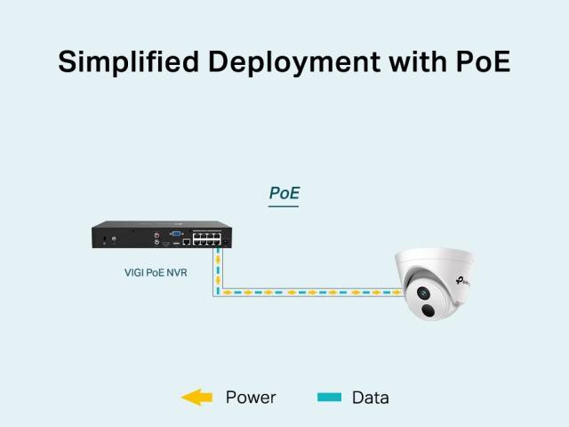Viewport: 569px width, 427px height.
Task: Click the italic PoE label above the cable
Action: (x=284, y=192)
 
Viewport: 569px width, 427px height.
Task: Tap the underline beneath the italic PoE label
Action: (x=284, y=206)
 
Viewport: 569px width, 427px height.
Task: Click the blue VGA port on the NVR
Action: (x=176, y=233)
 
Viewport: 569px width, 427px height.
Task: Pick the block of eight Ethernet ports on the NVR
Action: (x=207, y=238)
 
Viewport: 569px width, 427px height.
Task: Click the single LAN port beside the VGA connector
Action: (x=185, y=242)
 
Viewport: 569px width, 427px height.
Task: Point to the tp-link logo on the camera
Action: (x=461, y=282)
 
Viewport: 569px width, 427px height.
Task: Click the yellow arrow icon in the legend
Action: (x=196, y=398)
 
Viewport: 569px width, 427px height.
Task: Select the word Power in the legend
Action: (x=251, y=398)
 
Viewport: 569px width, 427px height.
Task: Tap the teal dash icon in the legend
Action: (x=328, y=398)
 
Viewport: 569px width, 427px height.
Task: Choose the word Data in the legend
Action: (x=370, y=398)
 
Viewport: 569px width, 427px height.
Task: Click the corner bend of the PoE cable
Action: (x=215, y=291)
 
